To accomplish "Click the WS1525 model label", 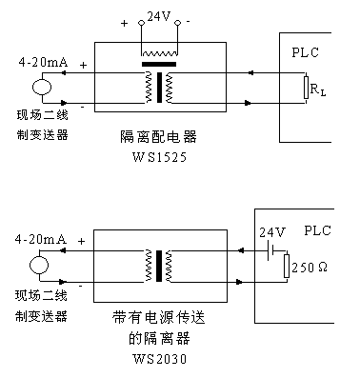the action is (x=159, y=157).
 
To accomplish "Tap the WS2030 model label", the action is (x=159, y=359).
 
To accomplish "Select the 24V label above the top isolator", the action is (x=159, y=16).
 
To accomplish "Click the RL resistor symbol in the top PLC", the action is (x=306, y=88).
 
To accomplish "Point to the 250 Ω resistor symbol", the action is (x=287, y=266).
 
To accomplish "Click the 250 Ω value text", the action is (x=310, y=268).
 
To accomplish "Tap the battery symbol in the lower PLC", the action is (x=270, y=250).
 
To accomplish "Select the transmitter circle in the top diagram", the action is (x=42, y=88).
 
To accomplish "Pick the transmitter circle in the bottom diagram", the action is (x=39, y=266).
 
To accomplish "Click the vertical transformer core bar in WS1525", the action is (x=159, y=88).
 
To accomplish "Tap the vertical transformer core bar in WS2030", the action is (x=159, y=266).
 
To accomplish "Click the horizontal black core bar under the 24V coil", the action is (x=159, y=64).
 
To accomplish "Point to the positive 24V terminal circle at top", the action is (x=141, y=23).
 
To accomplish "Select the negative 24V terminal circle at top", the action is (x=177, y=23).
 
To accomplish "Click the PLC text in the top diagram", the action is (x=305, y=52).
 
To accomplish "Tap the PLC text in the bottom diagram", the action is (x=317, y=230).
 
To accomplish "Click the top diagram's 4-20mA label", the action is (x=43, y=62).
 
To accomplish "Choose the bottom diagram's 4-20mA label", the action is (x=41, y=239).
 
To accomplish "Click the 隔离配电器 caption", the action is (x=158, y=137).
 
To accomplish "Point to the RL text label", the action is (x=318, y=90).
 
